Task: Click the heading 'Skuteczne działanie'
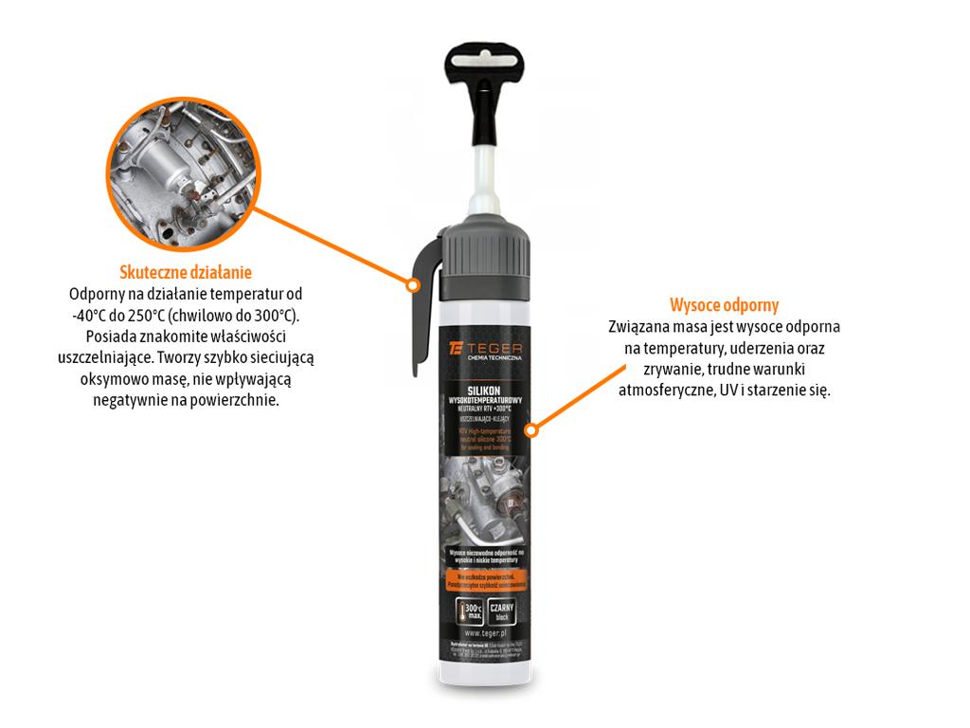pyautogui.click(x=185, y=273)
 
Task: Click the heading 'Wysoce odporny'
pyautogui.click(x=724, y=305)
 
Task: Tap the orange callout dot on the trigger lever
pyautogui.click(x=412, y=284)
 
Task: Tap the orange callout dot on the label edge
pyautogui.click(x=532, y=430)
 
